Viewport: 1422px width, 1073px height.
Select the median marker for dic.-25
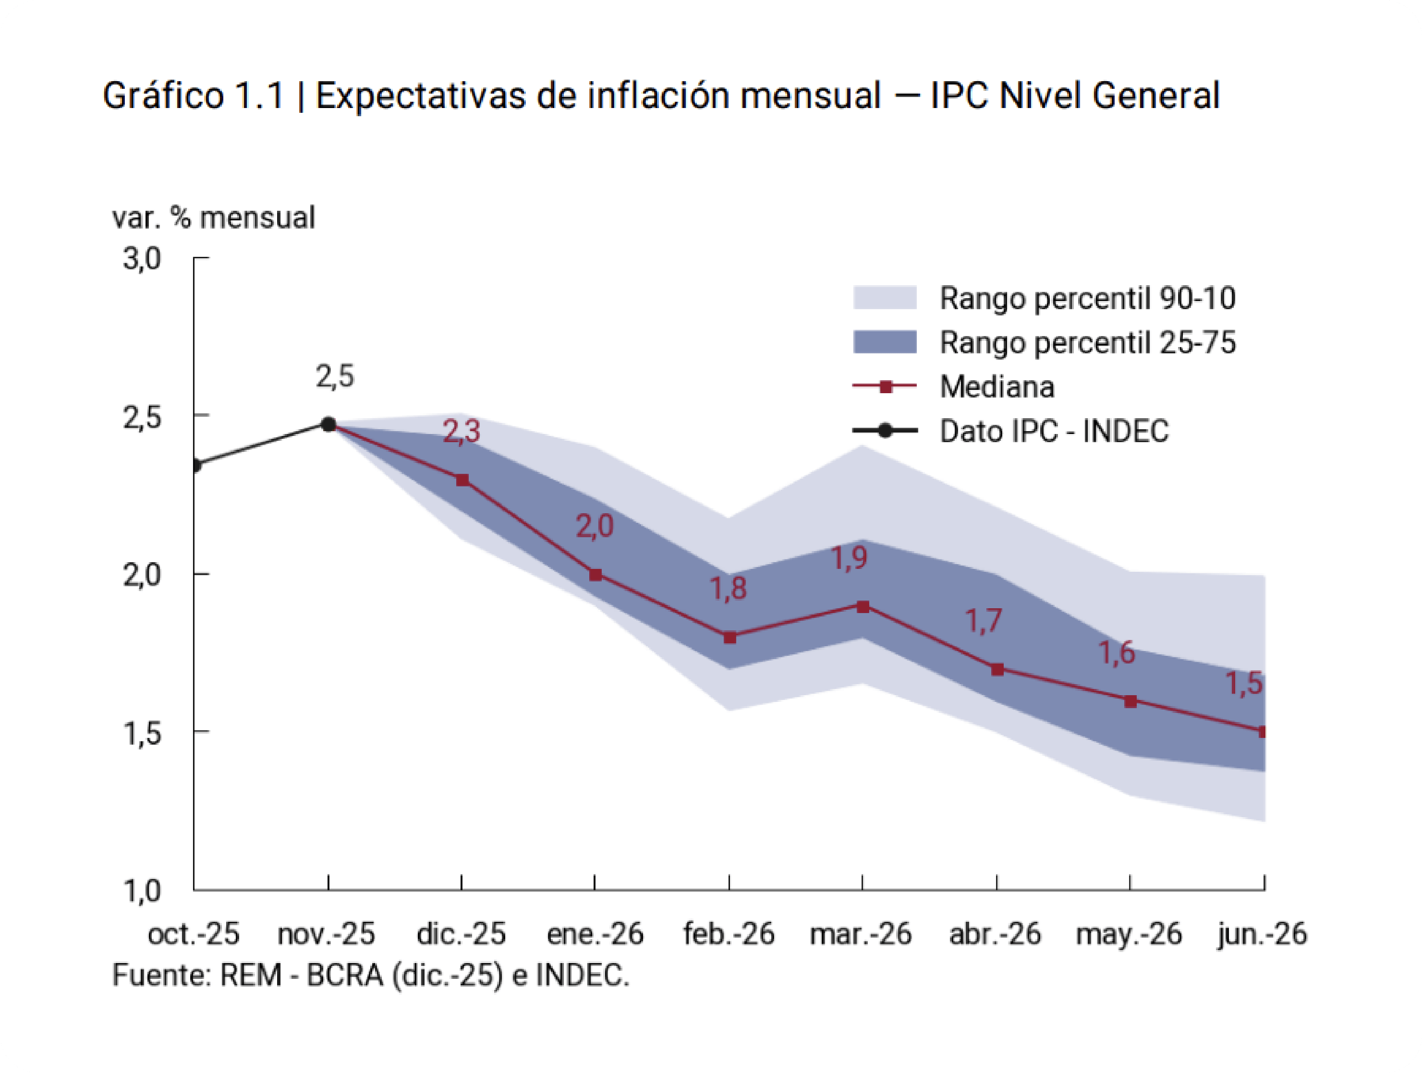462,480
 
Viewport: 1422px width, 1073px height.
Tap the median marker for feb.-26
729,638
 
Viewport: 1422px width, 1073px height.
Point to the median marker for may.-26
1130,701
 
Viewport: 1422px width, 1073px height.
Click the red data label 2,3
462,431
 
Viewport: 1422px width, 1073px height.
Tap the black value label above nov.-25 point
335,376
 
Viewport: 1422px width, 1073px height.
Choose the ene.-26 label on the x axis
595,934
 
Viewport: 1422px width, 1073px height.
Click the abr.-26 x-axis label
995,934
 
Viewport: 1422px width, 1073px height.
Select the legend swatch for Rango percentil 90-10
885,298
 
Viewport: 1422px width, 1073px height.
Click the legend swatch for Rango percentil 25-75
885,342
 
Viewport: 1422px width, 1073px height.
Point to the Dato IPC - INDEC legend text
1054,431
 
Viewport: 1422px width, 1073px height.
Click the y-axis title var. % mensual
213,218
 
